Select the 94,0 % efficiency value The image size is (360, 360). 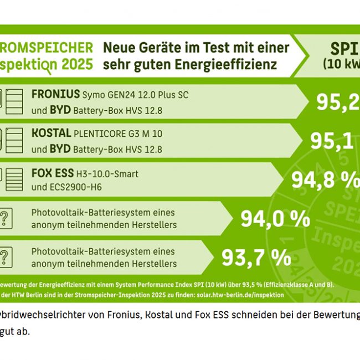275,219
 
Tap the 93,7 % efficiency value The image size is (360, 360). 256,256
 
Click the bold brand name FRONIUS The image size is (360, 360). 55,95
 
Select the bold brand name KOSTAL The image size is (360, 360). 51,133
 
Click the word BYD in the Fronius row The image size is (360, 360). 59,110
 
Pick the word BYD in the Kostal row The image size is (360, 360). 59,149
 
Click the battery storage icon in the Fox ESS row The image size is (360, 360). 13,179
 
